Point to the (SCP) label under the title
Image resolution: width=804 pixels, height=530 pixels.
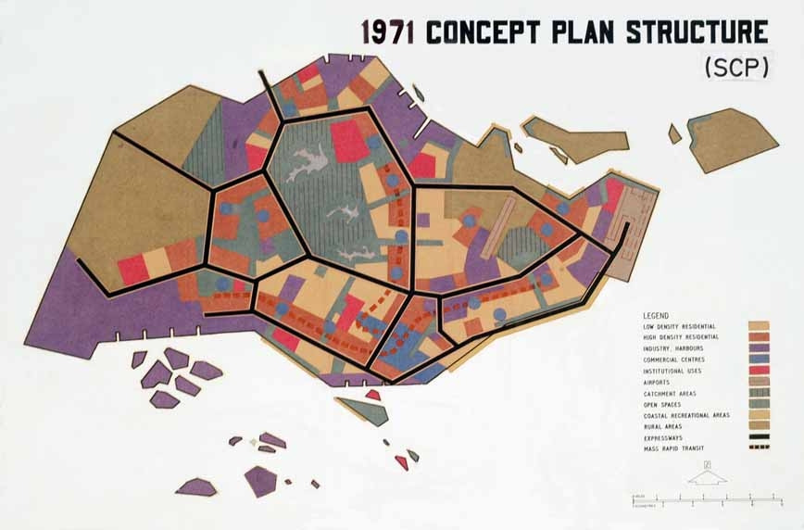[x=735, y=68]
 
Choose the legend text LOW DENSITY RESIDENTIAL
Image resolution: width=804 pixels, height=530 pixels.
[x=683, y=326]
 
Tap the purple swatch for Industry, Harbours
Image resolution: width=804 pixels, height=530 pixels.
[x=758, y=348]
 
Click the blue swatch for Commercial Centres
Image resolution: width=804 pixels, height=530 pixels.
[x=758, y=360]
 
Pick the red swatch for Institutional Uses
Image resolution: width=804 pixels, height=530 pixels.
[x=758, y=371]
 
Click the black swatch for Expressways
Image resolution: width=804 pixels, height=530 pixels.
[x=758, y=437]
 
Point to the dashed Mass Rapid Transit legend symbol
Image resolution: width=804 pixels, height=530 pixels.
[x=758, y=448]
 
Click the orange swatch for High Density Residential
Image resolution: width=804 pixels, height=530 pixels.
[x=758, y=337]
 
